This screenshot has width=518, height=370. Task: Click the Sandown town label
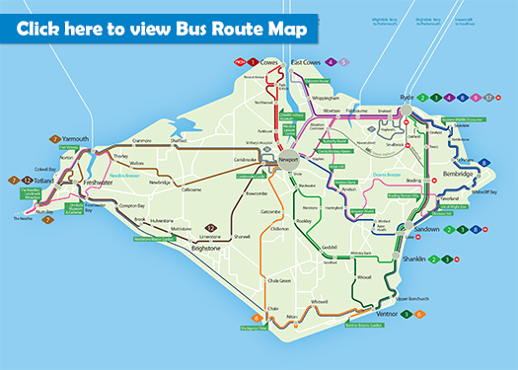coord(423,229)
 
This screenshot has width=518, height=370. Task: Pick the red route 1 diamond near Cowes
coord(253,62)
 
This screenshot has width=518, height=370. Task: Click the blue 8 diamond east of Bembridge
coord(484,163)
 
